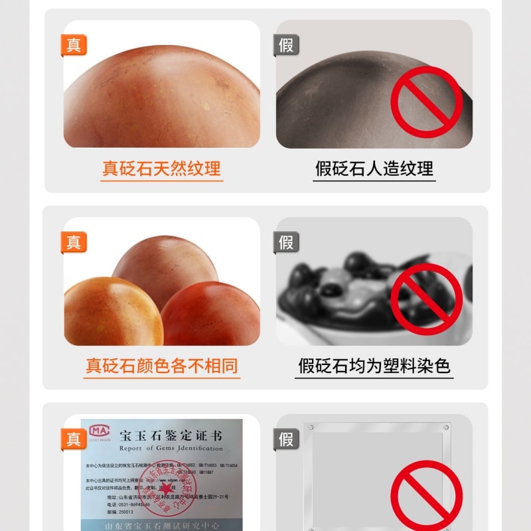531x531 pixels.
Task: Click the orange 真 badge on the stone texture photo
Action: coord(74,45)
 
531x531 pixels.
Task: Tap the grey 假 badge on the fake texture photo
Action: coord(286,45)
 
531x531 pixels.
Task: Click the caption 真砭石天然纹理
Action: coord(161,169)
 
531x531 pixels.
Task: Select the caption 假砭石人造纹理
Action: coord(374,169)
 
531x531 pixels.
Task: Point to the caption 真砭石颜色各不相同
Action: coord(161,366)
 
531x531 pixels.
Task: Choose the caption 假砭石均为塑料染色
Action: coord(374,366)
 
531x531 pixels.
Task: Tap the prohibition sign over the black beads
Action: coord(425,299)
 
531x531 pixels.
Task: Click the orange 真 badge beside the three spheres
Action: coord(74,242)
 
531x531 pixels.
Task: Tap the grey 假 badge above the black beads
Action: coord(286,242)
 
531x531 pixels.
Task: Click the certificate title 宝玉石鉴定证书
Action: coord(171,436)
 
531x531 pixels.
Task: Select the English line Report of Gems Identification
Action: coord(171,449)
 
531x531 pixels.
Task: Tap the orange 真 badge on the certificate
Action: coord(74,439)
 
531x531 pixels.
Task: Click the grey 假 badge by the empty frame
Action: coord(286,439)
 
